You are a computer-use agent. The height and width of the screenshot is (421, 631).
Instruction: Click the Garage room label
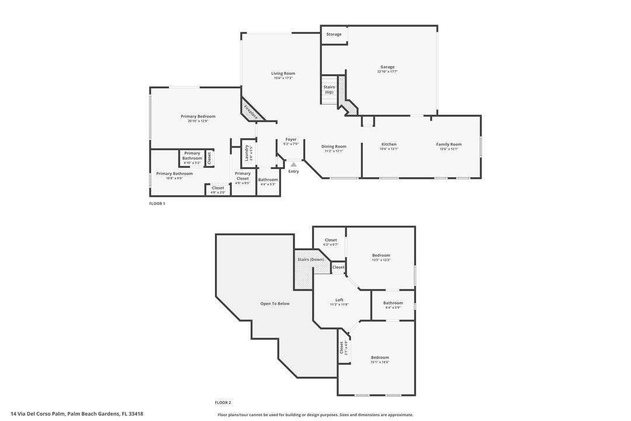[387, 67]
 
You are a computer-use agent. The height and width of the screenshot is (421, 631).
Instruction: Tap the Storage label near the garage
[334, 34]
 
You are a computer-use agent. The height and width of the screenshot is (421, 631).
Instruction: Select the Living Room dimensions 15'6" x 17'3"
[283, 78]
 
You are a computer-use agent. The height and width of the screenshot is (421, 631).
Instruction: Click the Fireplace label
[251, 111]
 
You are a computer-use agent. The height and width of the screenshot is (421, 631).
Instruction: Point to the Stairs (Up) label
[329, 89]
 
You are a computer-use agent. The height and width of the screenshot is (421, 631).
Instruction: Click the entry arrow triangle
[293, 165]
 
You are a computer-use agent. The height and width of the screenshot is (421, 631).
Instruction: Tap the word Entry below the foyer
[293, 171]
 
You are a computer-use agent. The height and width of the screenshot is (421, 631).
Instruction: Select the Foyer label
[291, 139]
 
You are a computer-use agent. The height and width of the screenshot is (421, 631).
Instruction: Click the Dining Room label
[334, 146]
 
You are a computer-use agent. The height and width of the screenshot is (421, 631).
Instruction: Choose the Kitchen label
[389, 144]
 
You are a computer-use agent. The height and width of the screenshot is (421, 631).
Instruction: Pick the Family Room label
[449, 144]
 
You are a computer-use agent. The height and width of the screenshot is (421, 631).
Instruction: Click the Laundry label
[247, 153]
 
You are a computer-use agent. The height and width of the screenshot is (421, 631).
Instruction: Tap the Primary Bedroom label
[198, 116]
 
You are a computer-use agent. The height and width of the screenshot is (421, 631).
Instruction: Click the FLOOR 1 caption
[157, 203]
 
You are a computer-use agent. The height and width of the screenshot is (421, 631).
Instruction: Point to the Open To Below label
[275, 303]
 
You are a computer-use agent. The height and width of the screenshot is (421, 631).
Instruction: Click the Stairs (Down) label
[310, 259]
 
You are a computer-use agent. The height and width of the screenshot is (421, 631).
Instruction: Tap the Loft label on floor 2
[339, 300]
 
